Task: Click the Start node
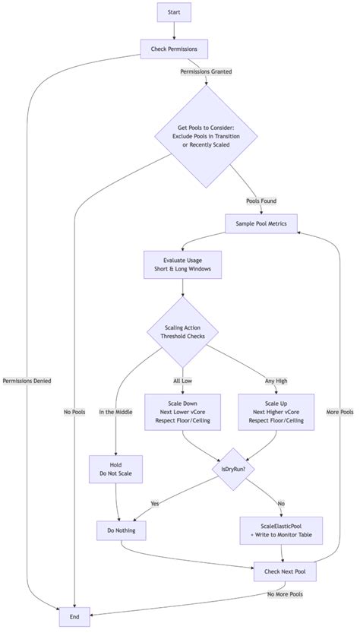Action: click(x=174, y=12)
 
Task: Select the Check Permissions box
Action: click(x=174, y=49)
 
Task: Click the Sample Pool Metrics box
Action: click(x=261, y=223)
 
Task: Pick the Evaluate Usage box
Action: click(x=182, y=264)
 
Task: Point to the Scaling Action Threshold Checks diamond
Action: click(x=182, y=331)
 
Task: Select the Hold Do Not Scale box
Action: click(x=115, y=469)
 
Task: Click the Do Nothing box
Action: click(x=122, y=529)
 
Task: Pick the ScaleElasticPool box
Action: click(x=281, y=529)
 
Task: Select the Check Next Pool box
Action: click(x=285, y=571)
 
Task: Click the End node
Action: click(x=74, y=617)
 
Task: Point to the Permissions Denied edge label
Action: click(x=27, y=380)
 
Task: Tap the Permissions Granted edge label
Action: click(x=206, y=72)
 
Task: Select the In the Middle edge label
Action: click(x=115, y=413)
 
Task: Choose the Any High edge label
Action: click(x=276, y=381)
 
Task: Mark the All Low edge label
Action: click(x=182, y=381)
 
